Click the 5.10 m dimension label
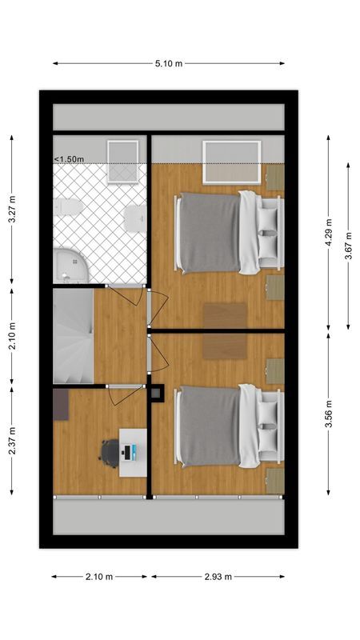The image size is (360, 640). tap(168, 63)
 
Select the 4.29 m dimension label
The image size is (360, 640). tap(328, 232)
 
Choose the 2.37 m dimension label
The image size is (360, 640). tap(11, 439)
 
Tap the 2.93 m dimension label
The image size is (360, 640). tap(217, 576)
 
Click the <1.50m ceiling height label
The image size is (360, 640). tap(69, 159)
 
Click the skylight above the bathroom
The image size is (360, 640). tap(122, 161)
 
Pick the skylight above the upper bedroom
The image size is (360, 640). tap(232, 162)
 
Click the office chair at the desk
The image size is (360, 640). tap(110, 452)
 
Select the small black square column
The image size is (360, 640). tap(157, 393)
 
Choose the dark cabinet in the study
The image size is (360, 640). tap(61, 404)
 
